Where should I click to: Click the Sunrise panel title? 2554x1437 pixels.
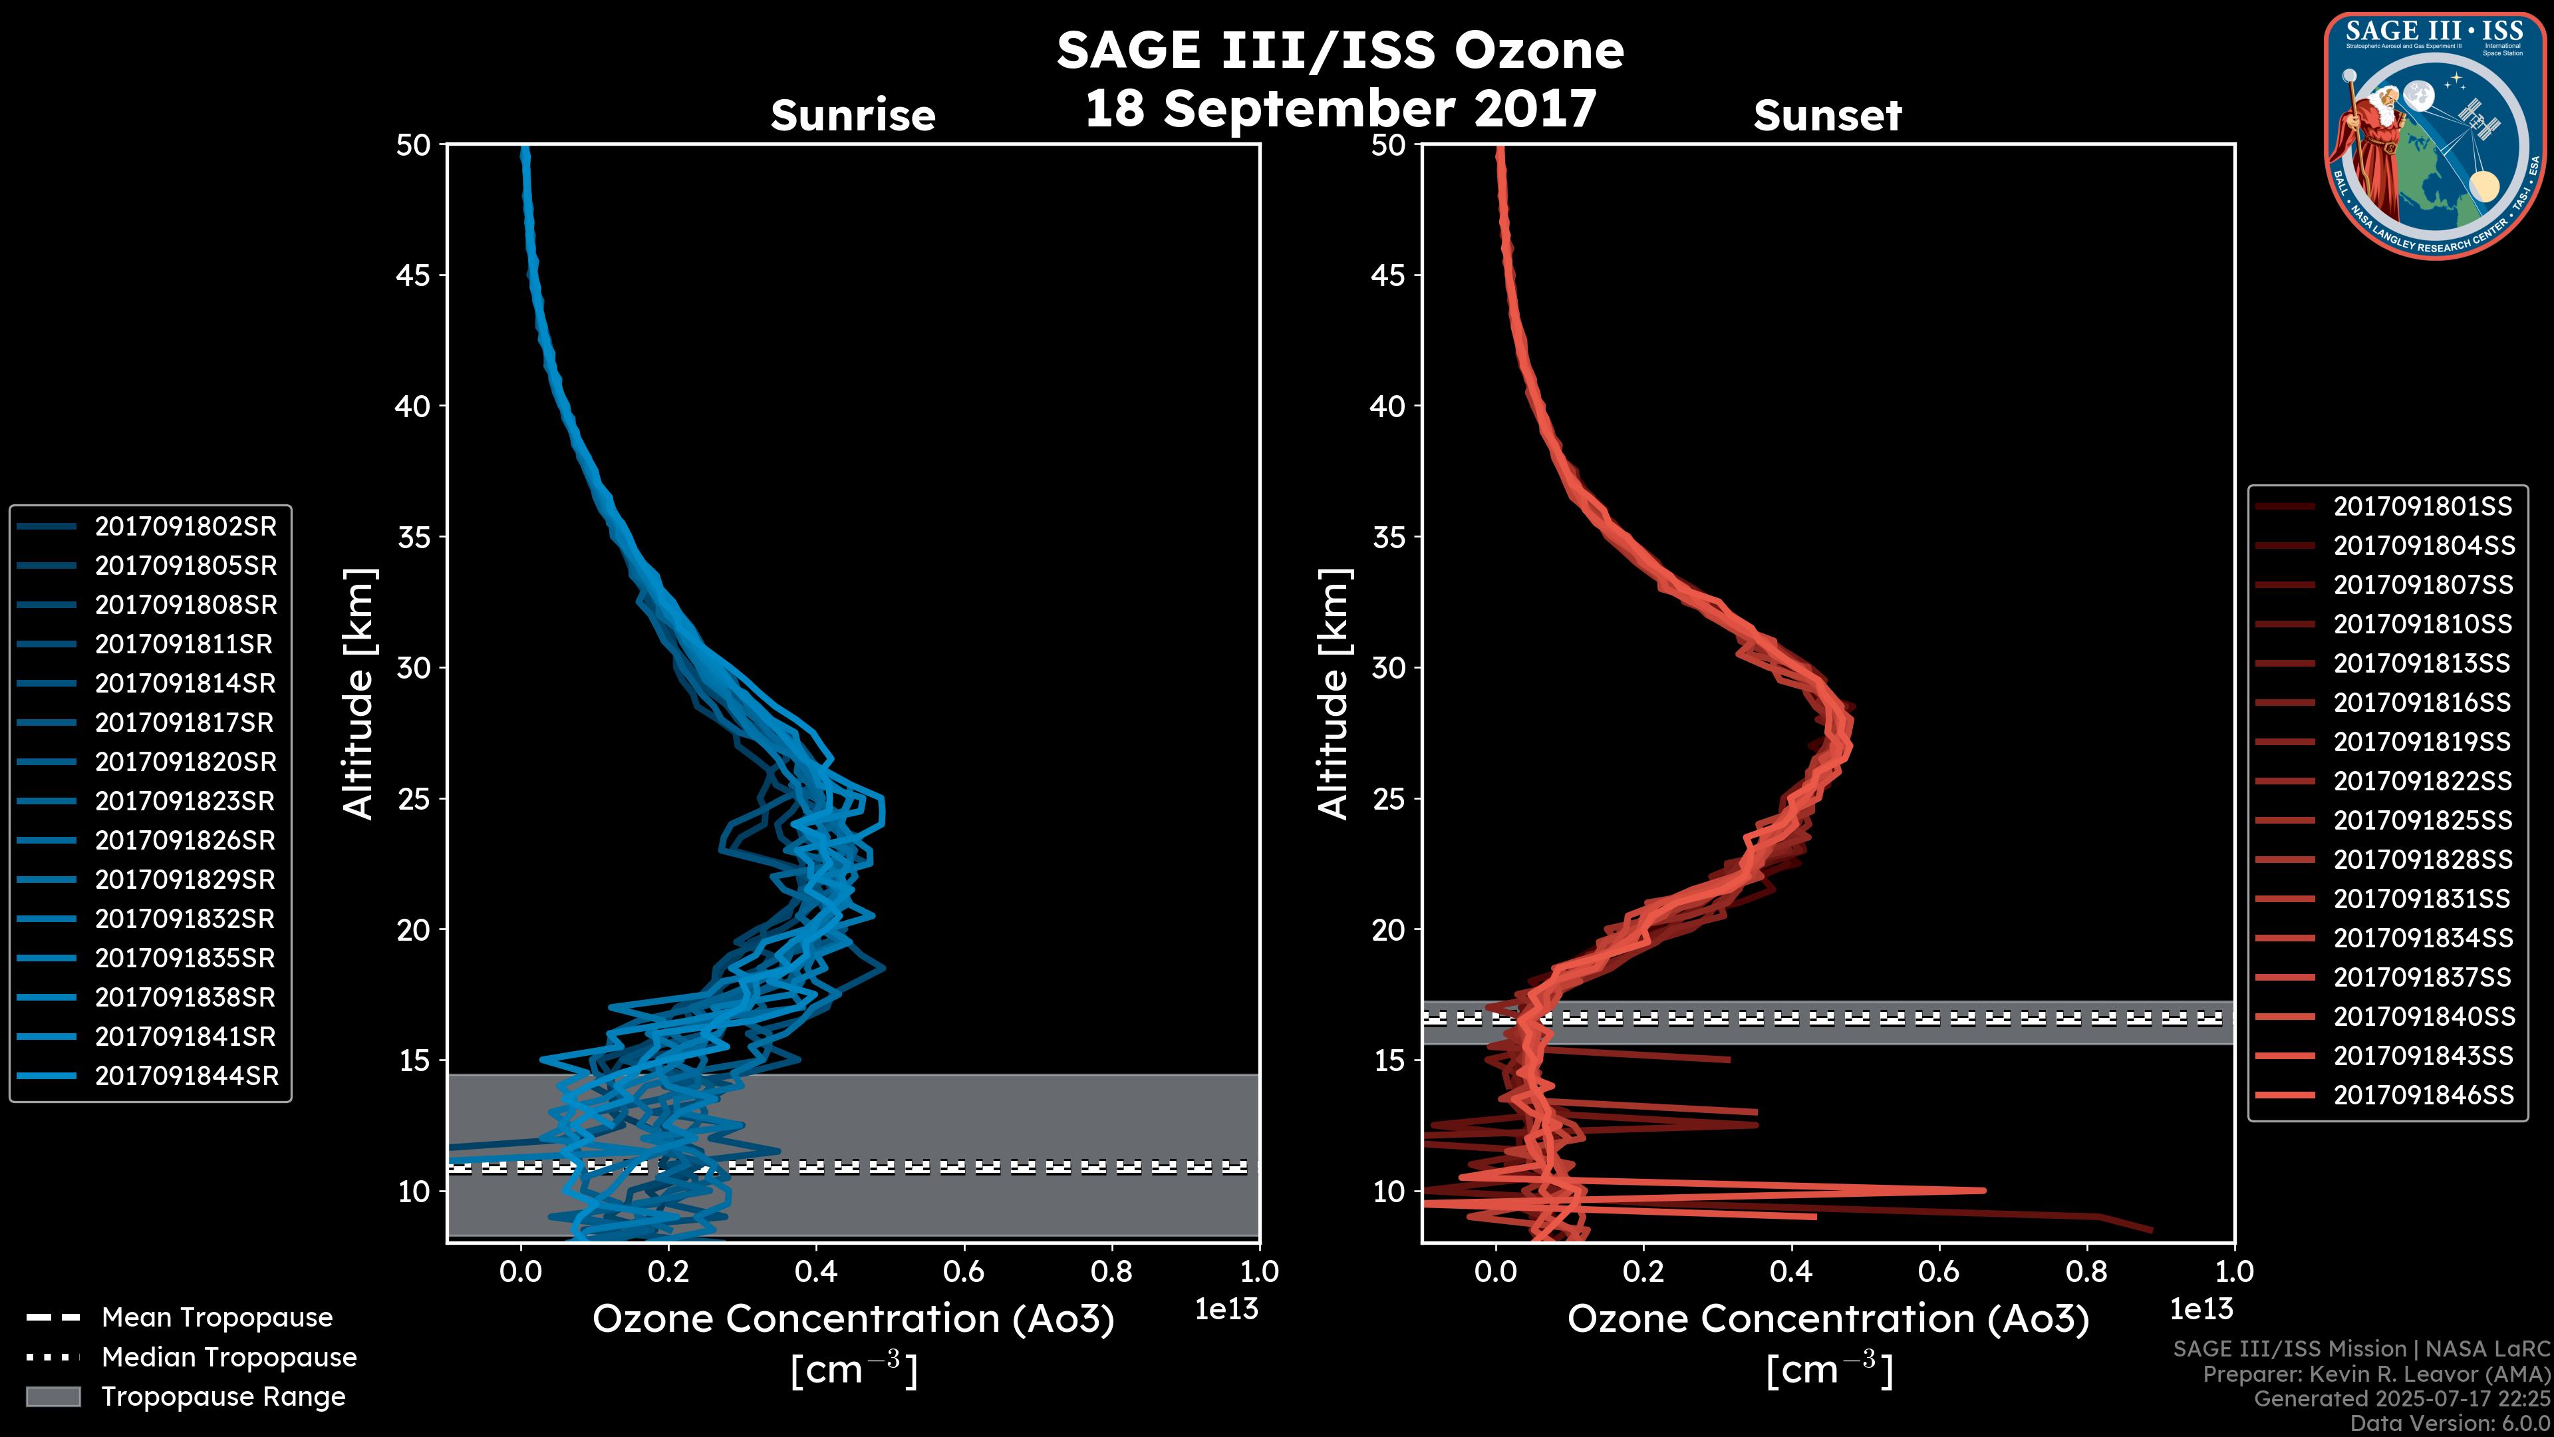coord(853,116)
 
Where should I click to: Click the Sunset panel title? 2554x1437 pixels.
coord(1827,116)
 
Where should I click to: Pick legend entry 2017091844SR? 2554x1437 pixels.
coord(186,1076)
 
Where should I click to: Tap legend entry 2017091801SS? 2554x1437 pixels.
coord(2423,507)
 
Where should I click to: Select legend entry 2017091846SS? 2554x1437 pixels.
coord(2423,1095)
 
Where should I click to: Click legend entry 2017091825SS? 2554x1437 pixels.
coord(2423,821)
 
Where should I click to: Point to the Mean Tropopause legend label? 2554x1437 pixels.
coord(217,1318)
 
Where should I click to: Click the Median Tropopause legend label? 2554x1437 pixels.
coord(229,1358)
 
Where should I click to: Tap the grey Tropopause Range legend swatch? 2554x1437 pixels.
coord(53,1396)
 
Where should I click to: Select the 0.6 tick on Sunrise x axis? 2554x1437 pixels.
coord(964,1271)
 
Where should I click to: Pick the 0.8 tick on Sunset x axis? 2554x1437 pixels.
coord(2086,1271)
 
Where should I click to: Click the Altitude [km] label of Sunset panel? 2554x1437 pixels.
coord(1334,694)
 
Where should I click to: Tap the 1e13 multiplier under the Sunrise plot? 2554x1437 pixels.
coord(1226,1309)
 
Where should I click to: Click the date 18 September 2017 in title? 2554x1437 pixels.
coord(1340,109)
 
